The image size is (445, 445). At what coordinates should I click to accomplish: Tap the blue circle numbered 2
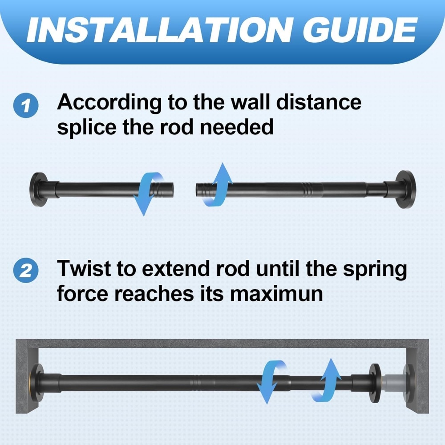[x=26, y=271]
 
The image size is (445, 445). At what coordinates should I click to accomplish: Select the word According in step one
[x=109, y=103]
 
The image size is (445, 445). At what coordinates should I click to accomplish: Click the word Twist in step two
[x=85, y=270]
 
